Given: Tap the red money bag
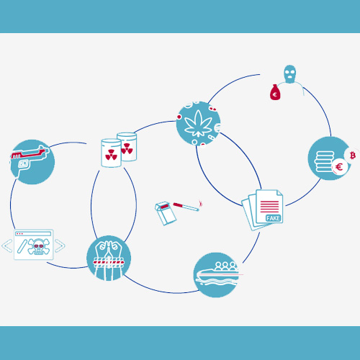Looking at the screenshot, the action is (x=275, y=92).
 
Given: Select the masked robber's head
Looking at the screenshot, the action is (x=290, y=74).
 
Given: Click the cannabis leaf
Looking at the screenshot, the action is (x=198, y=123).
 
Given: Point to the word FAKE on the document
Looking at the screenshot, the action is (x=273, y=218).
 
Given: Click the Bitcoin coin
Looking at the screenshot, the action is (x=352, y=156).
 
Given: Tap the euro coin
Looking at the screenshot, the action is (x=339, y=166).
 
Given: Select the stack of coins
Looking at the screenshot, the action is (x=324, y=161).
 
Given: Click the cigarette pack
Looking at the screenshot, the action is (x=166, y=213).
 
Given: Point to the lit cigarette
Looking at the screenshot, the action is (x=186, y=207).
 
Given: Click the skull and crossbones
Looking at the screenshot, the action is (x=39, y=246).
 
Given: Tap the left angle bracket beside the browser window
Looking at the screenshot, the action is (x=7, y=246).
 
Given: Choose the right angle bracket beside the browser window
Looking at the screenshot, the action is (x=60, y=246).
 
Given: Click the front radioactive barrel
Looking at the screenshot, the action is (x=111, y=153).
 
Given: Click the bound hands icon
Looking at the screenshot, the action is (x=109, y=258).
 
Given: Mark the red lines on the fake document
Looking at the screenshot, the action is (x=269, y=207).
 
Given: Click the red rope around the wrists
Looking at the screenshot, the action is (x=109, y=262).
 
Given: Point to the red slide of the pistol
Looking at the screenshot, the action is (x=28, y=154).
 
